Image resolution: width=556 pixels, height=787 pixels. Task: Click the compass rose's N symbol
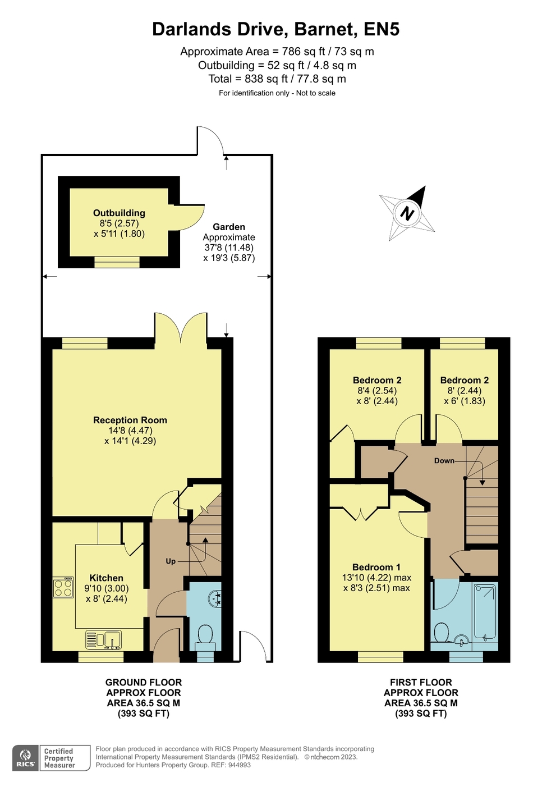[x=407, y=213]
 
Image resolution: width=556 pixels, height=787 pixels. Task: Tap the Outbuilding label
[x=119, y=213]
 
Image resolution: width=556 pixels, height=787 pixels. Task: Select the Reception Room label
[x=130, y=420]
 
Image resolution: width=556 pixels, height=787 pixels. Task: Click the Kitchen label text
[x=106, y=578]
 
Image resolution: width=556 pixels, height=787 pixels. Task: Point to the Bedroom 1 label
[x=376, y=567]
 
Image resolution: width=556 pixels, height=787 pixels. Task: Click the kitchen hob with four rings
[x=63, y=587]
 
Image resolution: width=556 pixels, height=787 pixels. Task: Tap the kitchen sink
[x=104, y=640]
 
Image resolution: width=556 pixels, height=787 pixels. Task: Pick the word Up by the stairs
[x=171, y=561]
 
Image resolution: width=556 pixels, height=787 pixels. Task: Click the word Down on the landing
[x=444, y=461]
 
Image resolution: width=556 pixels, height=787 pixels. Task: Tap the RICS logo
[x=26, y=758]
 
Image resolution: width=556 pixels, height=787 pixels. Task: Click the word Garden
[x=229, y=227]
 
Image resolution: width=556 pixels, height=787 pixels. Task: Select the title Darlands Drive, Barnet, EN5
[x=275, y=29]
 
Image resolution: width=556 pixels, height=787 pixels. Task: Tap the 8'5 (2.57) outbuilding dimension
[x=119, y=223]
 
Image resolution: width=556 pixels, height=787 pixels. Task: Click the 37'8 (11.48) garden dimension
[x=229, y=248]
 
